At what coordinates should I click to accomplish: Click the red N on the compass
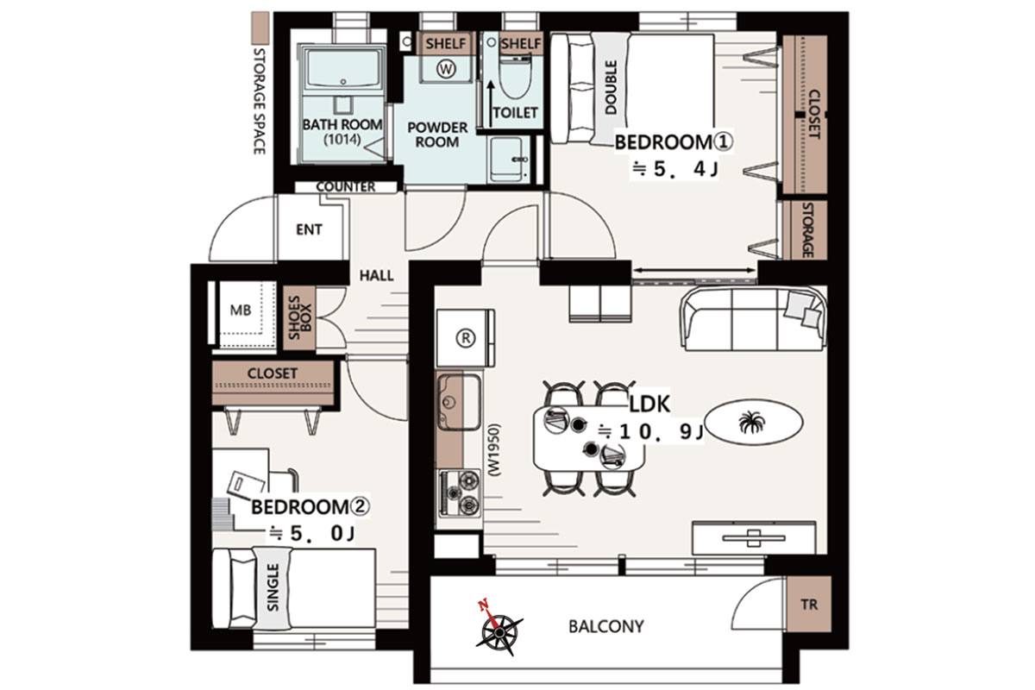[484, 605]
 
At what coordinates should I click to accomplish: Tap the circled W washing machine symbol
[446, 69]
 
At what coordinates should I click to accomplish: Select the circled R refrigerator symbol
[465, 338]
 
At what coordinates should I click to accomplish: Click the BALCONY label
[606, 627]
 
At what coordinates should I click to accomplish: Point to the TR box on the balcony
[809, 604]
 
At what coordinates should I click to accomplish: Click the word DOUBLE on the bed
[611, 87]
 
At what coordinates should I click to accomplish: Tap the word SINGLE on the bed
[273, 587]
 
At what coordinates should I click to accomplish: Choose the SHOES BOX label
[300, 317]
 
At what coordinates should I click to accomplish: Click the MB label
[241, 310]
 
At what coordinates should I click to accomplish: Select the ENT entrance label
[309, 229]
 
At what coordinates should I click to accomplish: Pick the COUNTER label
[346, 186]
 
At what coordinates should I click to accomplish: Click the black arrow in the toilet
[491, 103]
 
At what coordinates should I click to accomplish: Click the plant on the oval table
[752, 422]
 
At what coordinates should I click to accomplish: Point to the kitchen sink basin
[459, 402]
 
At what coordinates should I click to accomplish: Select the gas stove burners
[460, 493]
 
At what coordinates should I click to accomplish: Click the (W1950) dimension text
[494, 450]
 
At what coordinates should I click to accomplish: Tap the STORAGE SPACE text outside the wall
[260, 101]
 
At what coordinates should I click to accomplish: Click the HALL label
[377, 276]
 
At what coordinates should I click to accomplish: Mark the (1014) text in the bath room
[342, 139]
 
